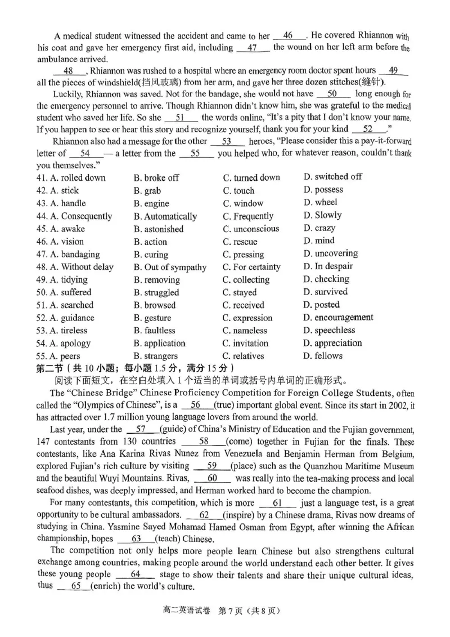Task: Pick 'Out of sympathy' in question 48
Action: click(170, 268)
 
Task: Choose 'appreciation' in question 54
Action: click(332, 343)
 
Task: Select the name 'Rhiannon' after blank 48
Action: click(109, 71)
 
